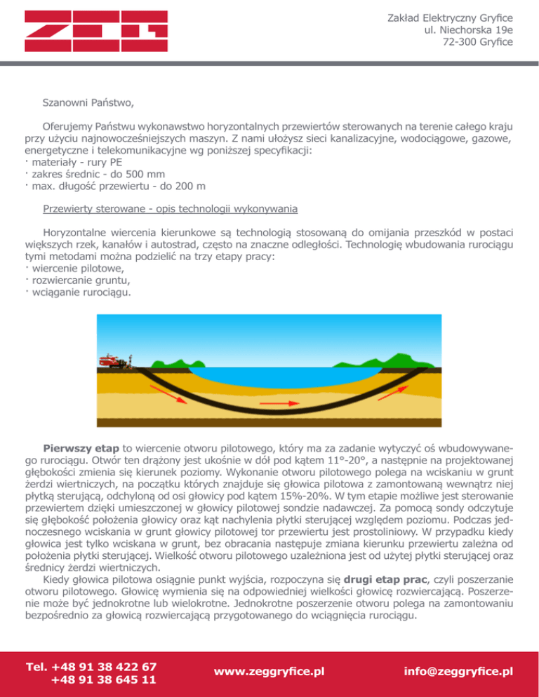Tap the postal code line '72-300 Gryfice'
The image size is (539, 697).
click(478, 43)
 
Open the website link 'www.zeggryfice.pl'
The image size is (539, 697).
click(269, 671)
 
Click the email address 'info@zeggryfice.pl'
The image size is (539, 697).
click(457, 671)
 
